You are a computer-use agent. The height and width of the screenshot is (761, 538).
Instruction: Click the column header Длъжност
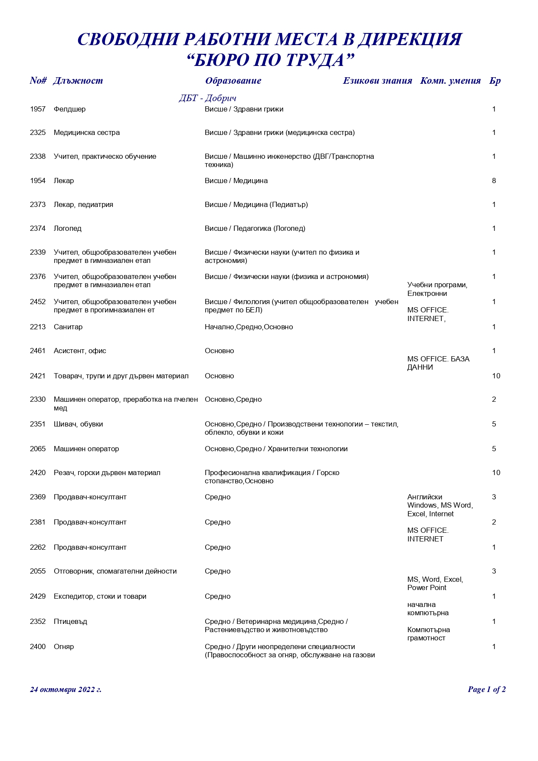tap(78, 81)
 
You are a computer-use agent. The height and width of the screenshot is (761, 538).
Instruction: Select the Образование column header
tap(233, 81)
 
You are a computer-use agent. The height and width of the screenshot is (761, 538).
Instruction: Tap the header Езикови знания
tap(377, 81)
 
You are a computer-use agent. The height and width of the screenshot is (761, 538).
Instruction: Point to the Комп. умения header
tap(450, 81)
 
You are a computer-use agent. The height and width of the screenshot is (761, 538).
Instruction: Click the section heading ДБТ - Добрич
tap(207, 98)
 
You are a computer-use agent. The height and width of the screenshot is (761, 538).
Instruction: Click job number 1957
tap(38, 109)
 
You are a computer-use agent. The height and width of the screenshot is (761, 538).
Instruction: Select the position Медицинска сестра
tap(87, 133)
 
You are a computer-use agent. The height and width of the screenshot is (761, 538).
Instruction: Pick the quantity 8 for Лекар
tap(494, 181)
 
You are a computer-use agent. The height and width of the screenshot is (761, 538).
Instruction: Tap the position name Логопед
tap(68, 229)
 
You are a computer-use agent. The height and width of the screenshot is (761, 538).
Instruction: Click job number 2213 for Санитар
tap(38, 327)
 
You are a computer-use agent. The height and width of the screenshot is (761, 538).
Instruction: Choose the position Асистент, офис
tap(80, 351)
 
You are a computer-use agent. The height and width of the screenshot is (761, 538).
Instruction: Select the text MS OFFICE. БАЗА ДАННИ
tap(438, 363)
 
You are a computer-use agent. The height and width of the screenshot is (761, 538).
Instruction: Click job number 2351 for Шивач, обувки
tap(38, 424)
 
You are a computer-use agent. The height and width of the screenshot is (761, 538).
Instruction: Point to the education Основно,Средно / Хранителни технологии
tap(276, 449)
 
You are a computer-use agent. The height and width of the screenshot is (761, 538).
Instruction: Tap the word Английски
tap(425, 497)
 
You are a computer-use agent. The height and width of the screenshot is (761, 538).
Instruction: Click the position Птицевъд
tap(70, 622)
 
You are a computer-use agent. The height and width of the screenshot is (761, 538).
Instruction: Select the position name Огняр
tap(64, 647)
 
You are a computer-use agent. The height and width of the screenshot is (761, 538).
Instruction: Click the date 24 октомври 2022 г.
tap(66, 689)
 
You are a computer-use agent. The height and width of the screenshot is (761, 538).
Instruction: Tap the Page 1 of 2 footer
tap(486, 689)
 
